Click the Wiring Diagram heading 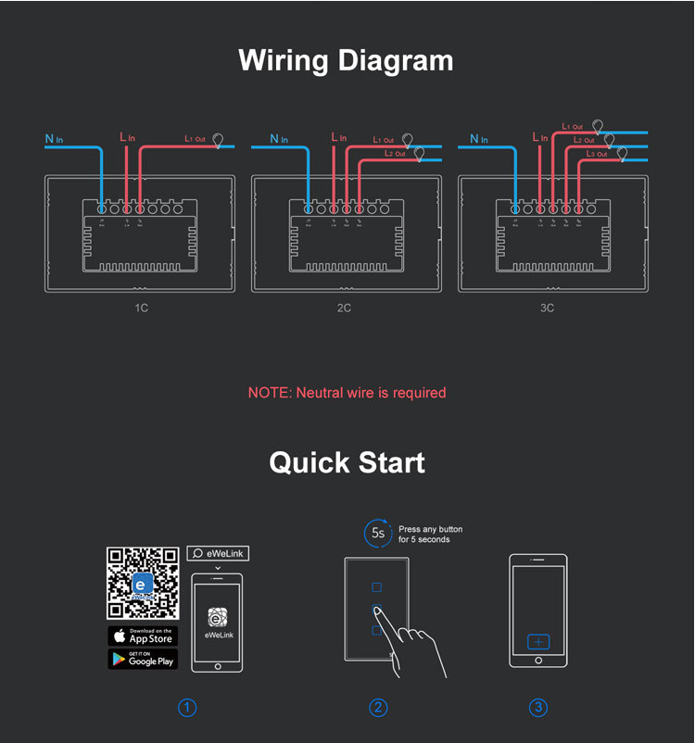(347, 60)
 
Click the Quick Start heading (347, 462)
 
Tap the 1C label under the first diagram (141, 308)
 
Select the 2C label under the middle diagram (344, 308)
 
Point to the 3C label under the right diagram (548, 308)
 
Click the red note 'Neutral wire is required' (347, 393)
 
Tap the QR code (142, 584)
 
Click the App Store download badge (142, 636)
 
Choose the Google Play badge (142, 659)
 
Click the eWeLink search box (218, 553)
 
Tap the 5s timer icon (378, 533)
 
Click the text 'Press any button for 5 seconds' (430, 534)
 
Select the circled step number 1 (187, 708)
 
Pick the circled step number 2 (378, 708)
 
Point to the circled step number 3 (538, 708)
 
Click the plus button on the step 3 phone (538, 641)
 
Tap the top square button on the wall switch (376, 587)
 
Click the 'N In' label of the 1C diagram (54, 140)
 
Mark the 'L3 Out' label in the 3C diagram (597, 154)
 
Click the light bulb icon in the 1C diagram (219, 141)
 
